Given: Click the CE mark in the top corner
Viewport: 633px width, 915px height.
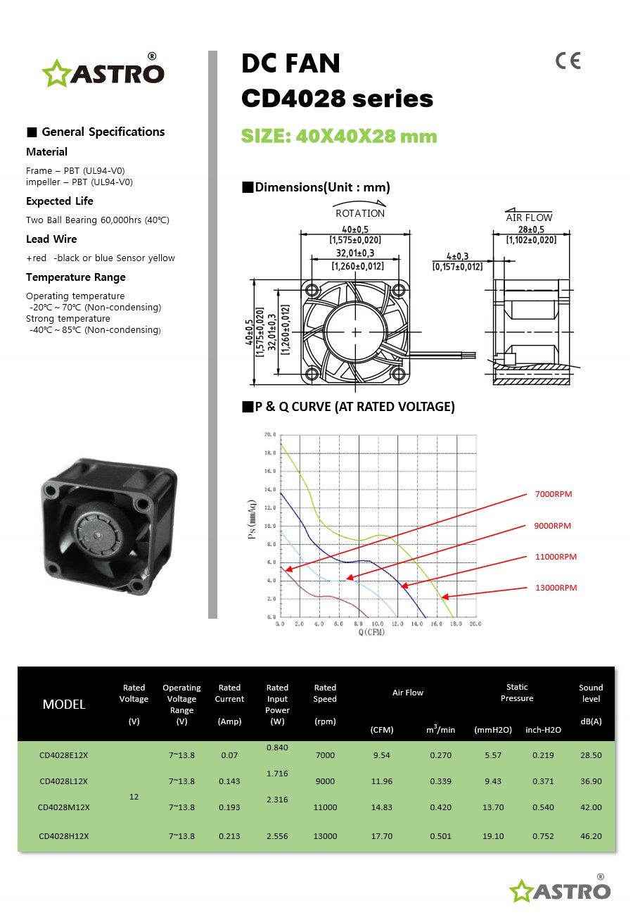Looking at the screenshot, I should coord(568,61).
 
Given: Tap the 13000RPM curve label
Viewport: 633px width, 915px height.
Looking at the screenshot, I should coord(556,588).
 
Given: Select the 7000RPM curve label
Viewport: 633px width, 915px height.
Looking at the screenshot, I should coord(554,494).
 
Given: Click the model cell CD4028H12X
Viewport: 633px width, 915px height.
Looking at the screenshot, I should coord(63,836).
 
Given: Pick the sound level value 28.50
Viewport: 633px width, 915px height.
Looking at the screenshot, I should coord(591,755).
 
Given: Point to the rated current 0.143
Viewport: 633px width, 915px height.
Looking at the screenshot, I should coord(229,781).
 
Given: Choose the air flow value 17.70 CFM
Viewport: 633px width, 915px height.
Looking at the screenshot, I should coord(382,836).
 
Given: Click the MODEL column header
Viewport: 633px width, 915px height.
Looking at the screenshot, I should coord(64,705).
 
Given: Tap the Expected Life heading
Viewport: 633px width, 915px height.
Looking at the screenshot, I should coord(60,201).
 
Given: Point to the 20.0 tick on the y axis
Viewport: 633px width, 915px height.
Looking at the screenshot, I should coord(270,435).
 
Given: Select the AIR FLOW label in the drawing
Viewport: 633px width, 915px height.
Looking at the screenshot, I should coord(530,217).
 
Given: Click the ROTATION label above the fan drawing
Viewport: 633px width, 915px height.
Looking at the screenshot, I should coord(360,213).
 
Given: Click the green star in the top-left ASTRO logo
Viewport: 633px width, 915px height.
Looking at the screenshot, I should coord(54,73).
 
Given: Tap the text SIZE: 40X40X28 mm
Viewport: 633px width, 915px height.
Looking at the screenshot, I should coord(339,136).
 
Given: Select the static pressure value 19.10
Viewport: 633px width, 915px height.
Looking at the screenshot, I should coord(493,836).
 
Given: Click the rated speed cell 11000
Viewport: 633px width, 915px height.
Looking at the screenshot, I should coord(325,807).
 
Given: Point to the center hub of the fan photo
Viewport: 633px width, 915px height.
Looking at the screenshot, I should coord(91,524).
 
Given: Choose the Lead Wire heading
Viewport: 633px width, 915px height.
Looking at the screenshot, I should coord(51,239).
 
